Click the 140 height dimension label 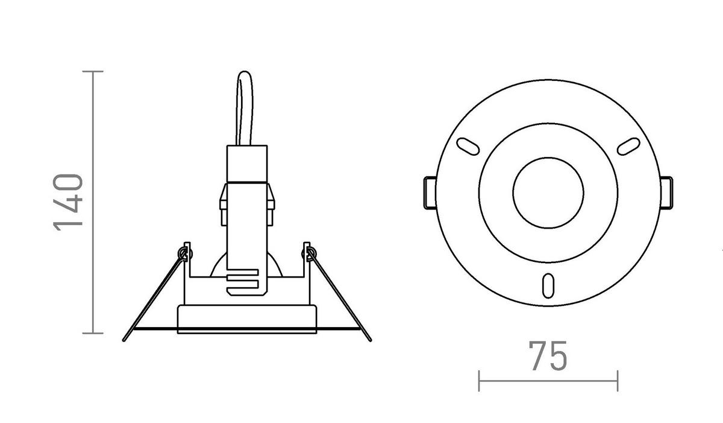pyautogui.click(x=67, y=202)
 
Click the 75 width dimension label pyautogui.click(x=548, y=357)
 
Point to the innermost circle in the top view pyautogui.click(x=548, y=192)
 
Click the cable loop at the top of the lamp pyautogui.click(x=245, y=109)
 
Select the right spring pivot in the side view pyautogui.click(x=311, y=252)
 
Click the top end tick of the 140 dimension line pyautogui.click(x=92, y=72)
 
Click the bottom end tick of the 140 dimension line pyautogui.click(x=92, y=332)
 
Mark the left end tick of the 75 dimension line pyautogui.click(x=479, y=381)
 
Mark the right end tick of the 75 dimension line pyautogui.click(x=618, y=381)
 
